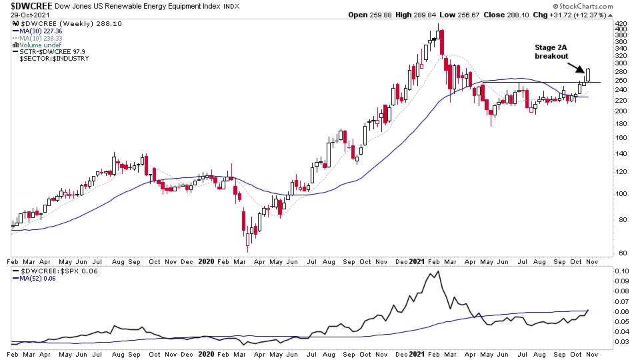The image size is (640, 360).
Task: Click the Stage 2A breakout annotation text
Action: [x=551, y=52]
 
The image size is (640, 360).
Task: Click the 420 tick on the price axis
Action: [x=621, y=22]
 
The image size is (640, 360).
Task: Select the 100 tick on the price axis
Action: [x=621, y=194]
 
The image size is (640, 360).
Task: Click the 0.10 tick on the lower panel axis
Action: [x=622, y=272]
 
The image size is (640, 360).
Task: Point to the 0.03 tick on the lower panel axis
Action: [x=622, y=342]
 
